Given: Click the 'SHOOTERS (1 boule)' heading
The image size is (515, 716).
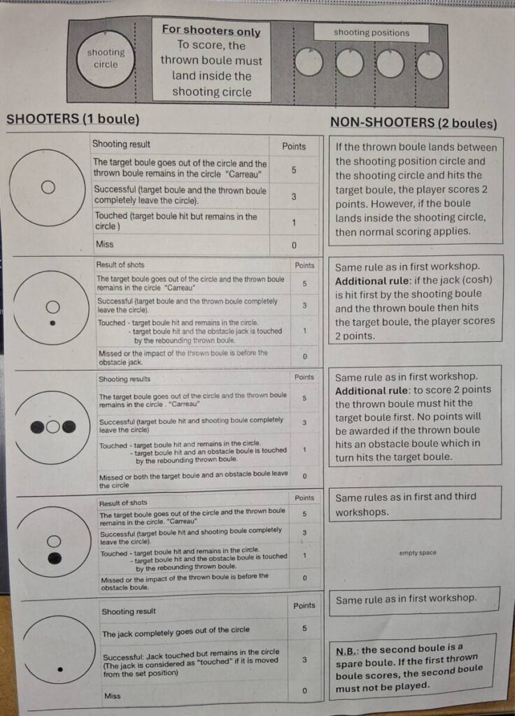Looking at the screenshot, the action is (73, 119).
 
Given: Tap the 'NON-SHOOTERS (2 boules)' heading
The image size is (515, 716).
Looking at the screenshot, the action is (414, 123).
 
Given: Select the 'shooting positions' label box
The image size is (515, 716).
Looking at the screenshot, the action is (371, 32).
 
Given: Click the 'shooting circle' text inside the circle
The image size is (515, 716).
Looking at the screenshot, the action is (106, 58).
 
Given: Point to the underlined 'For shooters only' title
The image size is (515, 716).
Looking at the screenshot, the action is (211, 30).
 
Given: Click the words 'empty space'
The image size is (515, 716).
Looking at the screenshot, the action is (417, 552).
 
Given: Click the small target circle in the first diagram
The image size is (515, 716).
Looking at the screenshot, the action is (48, 187).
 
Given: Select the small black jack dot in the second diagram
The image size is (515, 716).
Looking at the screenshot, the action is (52, 323).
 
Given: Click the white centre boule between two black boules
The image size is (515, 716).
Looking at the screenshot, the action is (53, 427).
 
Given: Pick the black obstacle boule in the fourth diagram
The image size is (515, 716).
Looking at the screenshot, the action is (55, 558).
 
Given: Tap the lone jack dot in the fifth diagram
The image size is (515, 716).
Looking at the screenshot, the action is (60, 670).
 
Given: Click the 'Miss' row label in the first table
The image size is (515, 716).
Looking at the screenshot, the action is (105, 244).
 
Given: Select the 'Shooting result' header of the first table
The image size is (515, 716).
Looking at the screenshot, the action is (121, 144).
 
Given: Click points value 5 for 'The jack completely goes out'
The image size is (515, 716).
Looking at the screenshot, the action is (304, 629).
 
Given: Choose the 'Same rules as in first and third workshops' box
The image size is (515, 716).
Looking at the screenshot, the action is (415, 503).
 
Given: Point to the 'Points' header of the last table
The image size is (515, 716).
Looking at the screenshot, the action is (304, 606).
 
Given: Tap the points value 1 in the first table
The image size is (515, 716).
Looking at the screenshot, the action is (294, 223).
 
